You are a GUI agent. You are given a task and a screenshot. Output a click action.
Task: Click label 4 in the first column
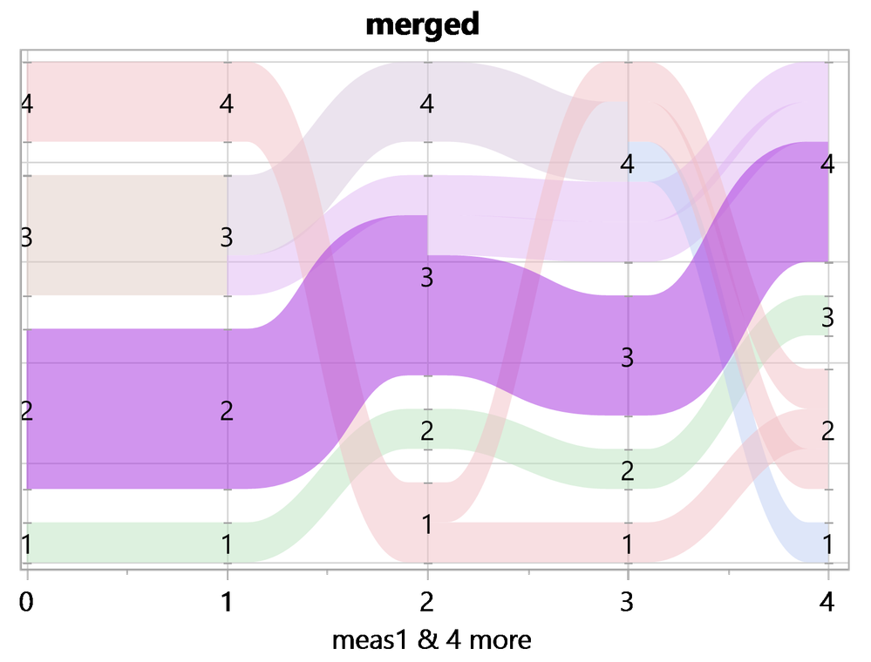click(x=27, y=104)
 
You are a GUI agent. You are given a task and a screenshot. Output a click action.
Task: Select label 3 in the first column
click(x=27, y=237)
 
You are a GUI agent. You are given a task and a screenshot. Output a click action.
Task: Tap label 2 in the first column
click(x=27, y=410)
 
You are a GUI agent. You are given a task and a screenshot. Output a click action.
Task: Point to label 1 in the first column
click(x=27, y=544)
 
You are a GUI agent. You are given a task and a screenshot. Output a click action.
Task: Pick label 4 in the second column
click(x=227, y=104)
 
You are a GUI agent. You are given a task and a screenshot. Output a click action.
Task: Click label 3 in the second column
click(x=227, y=237)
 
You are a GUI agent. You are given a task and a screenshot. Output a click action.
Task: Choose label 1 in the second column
click(x=227, y=544)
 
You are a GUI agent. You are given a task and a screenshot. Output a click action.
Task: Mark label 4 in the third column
click(x=426, y=104)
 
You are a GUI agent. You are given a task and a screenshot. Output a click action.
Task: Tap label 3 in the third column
click(x=426, y=278)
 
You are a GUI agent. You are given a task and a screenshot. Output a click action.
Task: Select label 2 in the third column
click(x=426, y=430)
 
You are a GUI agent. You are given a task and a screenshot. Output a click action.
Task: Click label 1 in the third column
click(x=426, y=524)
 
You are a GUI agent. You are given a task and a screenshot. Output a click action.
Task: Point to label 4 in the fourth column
click(x=627, y=163)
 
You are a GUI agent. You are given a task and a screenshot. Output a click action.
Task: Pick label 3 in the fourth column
click(x=627, y=356)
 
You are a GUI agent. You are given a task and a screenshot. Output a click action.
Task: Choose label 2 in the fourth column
click(x=627, y=471)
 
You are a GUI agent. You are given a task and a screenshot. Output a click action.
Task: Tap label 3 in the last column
click(x=827, y=318)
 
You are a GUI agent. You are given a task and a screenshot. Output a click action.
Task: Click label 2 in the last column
click(x=827, y=430)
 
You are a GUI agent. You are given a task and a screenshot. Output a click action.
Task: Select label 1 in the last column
click(x=827, y=544)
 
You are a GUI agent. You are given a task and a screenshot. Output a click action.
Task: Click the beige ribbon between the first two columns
click(x=127, y=235)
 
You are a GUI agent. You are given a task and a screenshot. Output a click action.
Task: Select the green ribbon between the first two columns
click(x=127, y=542)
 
